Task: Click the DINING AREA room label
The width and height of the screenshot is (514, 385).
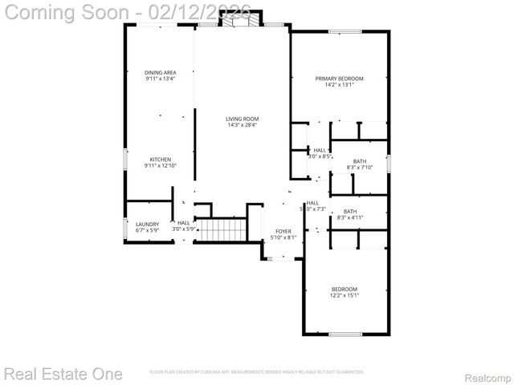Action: [161, 72]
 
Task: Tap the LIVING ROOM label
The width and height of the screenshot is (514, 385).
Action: [242, 119]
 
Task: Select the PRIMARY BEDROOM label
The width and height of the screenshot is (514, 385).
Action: [339, 78]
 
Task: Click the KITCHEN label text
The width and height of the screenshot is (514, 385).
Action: [160, 159]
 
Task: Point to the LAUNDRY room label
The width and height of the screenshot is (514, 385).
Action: [147, 224]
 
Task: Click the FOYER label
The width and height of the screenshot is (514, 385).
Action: [283, 230]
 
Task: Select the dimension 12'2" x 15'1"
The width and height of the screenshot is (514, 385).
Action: [345, 295]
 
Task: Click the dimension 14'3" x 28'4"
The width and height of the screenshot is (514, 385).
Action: [242, 125]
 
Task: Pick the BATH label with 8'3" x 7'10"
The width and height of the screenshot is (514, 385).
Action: [359, 161]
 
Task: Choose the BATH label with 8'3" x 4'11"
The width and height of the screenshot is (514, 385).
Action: [350, 211]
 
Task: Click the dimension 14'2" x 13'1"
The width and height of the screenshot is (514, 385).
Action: [339, 84]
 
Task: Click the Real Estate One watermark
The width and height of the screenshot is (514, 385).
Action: [63, 374]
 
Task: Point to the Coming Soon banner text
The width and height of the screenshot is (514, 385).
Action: [128, 11]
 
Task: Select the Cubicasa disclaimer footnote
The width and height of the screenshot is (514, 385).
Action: [257, 372]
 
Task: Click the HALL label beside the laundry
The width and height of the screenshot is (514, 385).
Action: [184, 223]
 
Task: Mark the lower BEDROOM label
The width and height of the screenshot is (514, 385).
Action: [345, 289]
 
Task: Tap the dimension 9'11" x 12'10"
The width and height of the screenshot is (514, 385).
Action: [160, 165]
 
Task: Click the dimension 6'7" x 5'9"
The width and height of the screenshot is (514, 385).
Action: [147, 230]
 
